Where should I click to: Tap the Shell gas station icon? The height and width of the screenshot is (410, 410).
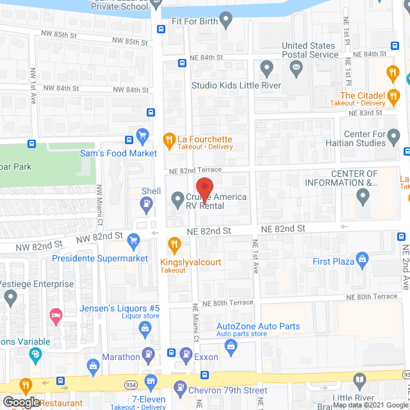147,204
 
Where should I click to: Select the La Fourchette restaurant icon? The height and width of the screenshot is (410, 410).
169,138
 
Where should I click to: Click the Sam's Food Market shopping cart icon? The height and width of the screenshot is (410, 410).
142,136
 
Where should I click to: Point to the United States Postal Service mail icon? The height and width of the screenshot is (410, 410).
295,69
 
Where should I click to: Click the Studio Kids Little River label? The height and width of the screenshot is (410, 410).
236,85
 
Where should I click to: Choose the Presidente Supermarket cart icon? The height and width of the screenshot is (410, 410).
133,242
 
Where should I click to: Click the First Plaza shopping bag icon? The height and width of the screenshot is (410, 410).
362,260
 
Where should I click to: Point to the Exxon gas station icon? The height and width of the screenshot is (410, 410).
186,353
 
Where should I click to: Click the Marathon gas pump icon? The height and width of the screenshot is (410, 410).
149,353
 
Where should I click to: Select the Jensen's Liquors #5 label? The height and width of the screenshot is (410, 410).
119,309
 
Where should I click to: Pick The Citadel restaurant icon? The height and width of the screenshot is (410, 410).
393,96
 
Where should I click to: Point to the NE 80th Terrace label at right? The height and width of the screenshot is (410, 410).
372,297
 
